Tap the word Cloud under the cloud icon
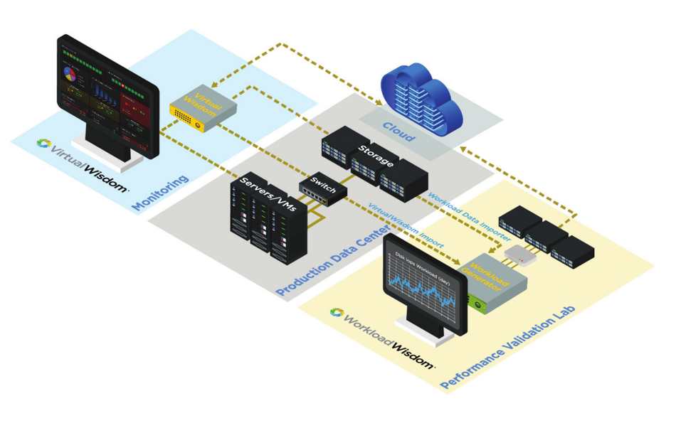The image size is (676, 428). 399,132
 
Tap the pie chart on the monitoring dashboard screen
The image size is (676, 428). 70,73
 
